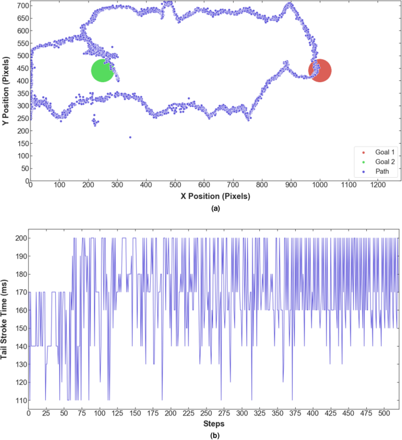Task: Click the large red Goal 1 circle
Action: click(x=320, y=71)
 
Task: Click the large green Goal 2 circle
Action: click(x=103, y=71)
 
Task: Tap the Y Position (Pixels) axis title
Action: click(x=6, y=91)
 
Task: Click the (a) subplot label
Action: click(x=215, y=208)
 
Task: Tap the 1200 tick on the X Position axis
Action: click(x=377, y=185)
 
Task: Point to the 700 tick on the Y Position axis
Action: click(x=22, y=5)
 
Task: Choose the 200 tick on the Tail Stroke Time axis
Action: click(x=20, y=238)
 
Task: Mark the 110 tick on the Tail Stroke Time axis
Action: click(x=20, y=400)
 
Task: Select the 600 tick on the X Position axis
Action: click(x=204, y=185)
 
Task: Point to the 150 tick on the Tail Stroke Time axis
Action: click(x=20, y=328)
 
